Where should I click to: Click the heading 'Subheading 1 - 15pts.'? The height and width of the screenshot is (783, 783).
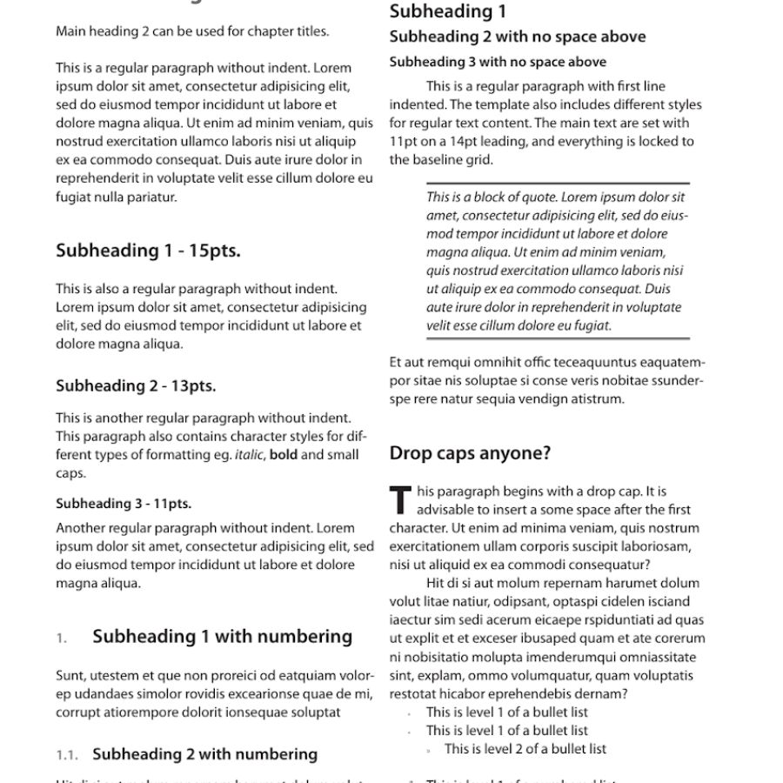[x=148, y=251]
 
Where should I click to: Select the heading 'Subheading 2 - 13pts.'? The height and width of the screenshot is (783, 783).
[x=136, y=385]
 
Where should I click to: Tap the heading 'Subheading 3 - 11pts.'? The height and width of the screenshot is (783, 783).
[x=124, y=503]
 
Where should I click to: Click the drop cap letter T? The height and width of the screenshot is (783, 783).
[x=400, y=500]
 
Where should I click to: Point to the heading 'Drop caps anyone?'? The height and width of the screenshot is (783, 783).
[x=470, y=453]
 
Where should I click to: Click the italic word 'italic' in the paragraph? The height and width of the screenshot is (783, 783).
[x=250, y=455]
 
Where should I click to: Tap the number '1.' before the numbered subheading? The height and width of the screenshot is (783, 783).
[x=62, y=639]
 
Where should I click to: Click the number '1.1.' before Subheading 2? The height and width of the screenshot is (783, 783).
[x=67, y=755]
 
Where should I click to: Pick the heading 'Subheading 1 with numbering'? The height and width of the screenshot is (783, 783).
[x=222, y=637]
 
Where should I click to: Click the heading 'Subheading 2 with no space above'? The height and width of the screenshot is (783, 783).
[x=517, y=37]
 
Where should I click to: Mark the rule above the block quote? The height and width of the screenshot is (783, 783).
[x=558, y=184]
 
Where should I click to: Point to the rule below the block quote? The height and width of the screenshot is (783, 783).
[x=558, y=338]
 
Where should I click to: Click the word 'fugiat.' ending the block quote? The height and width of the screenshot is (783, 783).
[x=592, y=325]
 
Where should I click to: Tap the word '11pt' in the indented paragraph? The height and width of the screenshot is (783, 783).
[x=405, y=141]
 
